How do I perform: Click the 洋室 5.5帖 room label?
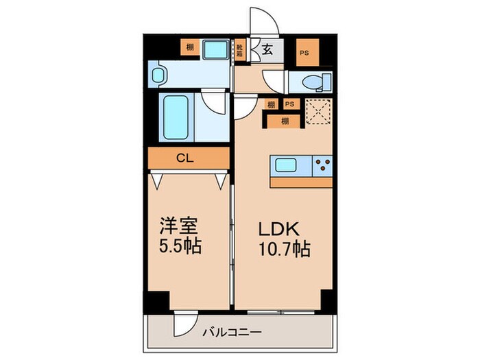pyautogui.click(x=180, y=237)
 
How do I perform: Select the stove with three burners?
pyautogui.click(x=322, y=165)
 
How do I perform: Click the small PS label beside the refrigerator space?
pyautogui.click(x=290, y=104)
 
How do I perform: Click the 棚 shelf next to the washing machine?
pyautogui.click(x=190, y=48)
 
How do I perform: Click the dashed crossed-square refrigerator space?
pyautogui.click(x=316, y=111)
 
